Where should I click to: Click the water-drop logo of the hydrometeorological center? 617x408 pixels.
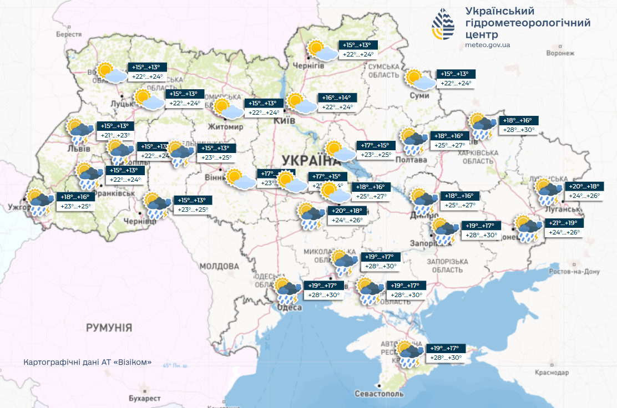click(x=443, y=25)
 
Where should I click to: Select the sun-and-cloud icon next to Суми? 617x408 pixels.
click(x=419, y=80)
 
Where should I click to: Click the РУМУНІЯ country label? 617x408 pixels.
click(x=109, y=328)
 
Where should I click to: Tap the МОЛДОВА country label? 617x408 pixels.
click(x=203, y=267)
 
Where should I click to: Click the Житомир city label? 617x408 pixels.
click(x=225, y=127)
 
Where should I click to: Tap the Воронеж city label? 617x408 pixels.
click(x=559, y=53)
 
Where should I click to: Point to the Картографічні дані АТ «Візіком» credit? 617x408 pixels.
click(x=88, y=362)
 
